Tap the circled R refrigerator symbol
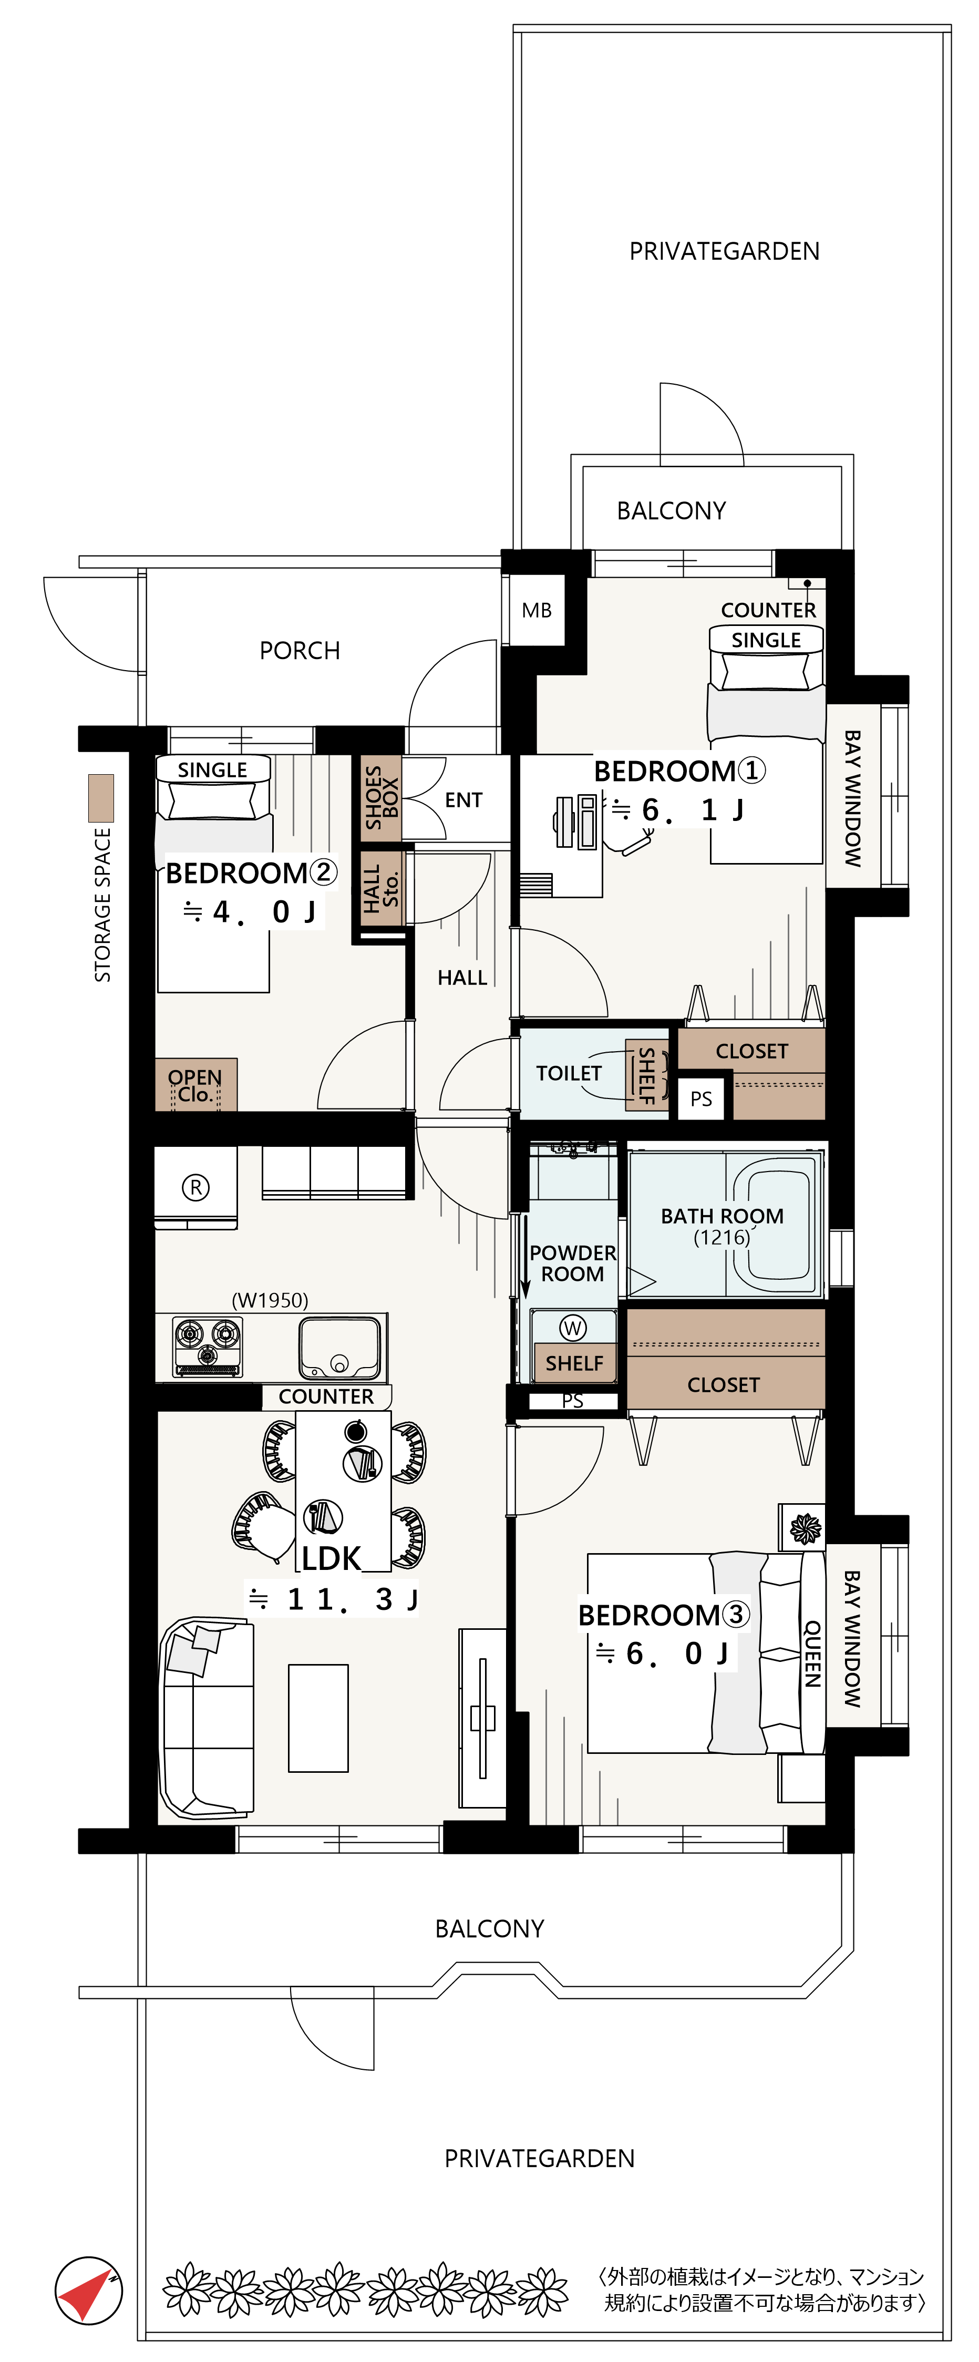[x=195, y=1187]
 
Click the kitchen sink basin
[x=339, y=1347]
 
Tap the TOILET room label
[x=569, y=1073]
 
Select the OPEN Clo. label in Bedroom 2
[x=194, y=1086]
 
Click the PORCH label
[x=300, y=651]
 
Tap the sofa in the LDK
[x=207, y=1718]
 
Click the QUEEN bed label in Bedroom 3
[x=812, y=1653]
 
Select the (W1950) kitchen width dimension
[x=270, y=1300]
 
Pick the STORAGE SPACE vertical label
[x=102, y=905]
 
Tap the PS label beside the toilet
[x=701, y=1098]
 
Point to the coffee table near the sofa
[x=318, y=1718]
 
